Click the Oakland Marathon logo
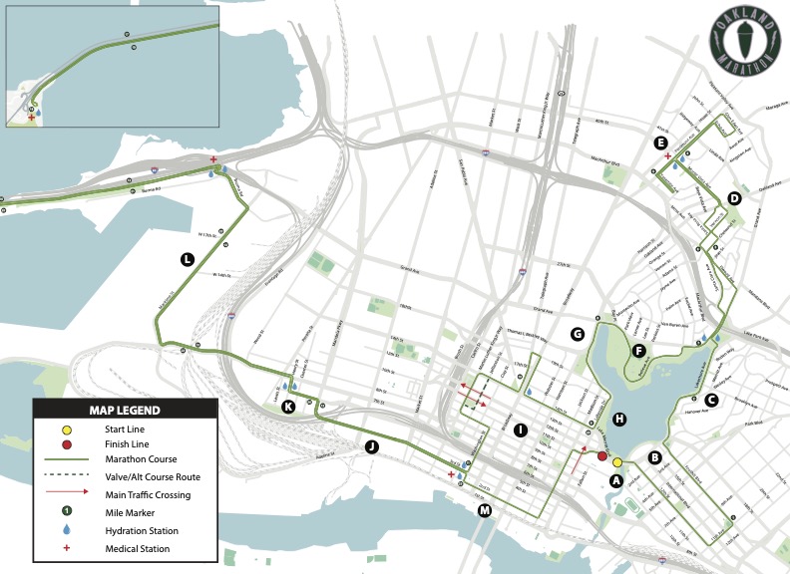(x=739, y=45)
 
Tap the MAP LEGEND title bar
(x=125, y=409)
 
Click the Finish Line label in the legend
(x=113, y=443)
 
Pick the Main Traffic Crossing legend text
(x=139, y=495)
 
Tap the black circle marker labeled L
(x=187, y=260)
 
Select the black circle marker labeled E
(x=660, y=143)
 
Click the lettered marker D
(x=734, y=198)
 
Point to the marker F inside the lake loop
(x=638, y=350)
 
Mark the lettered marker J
(x=371, y=446)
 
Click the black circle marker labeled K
(x=288, y=406)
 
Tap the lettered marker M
(x=485, y=510)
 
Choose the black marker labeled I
(x=520, y=430)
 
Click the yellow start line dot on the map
(x=617, y=462)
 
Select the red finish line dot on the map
(x=602, y=456)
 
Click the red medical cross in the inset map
(x=32, y=118)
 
